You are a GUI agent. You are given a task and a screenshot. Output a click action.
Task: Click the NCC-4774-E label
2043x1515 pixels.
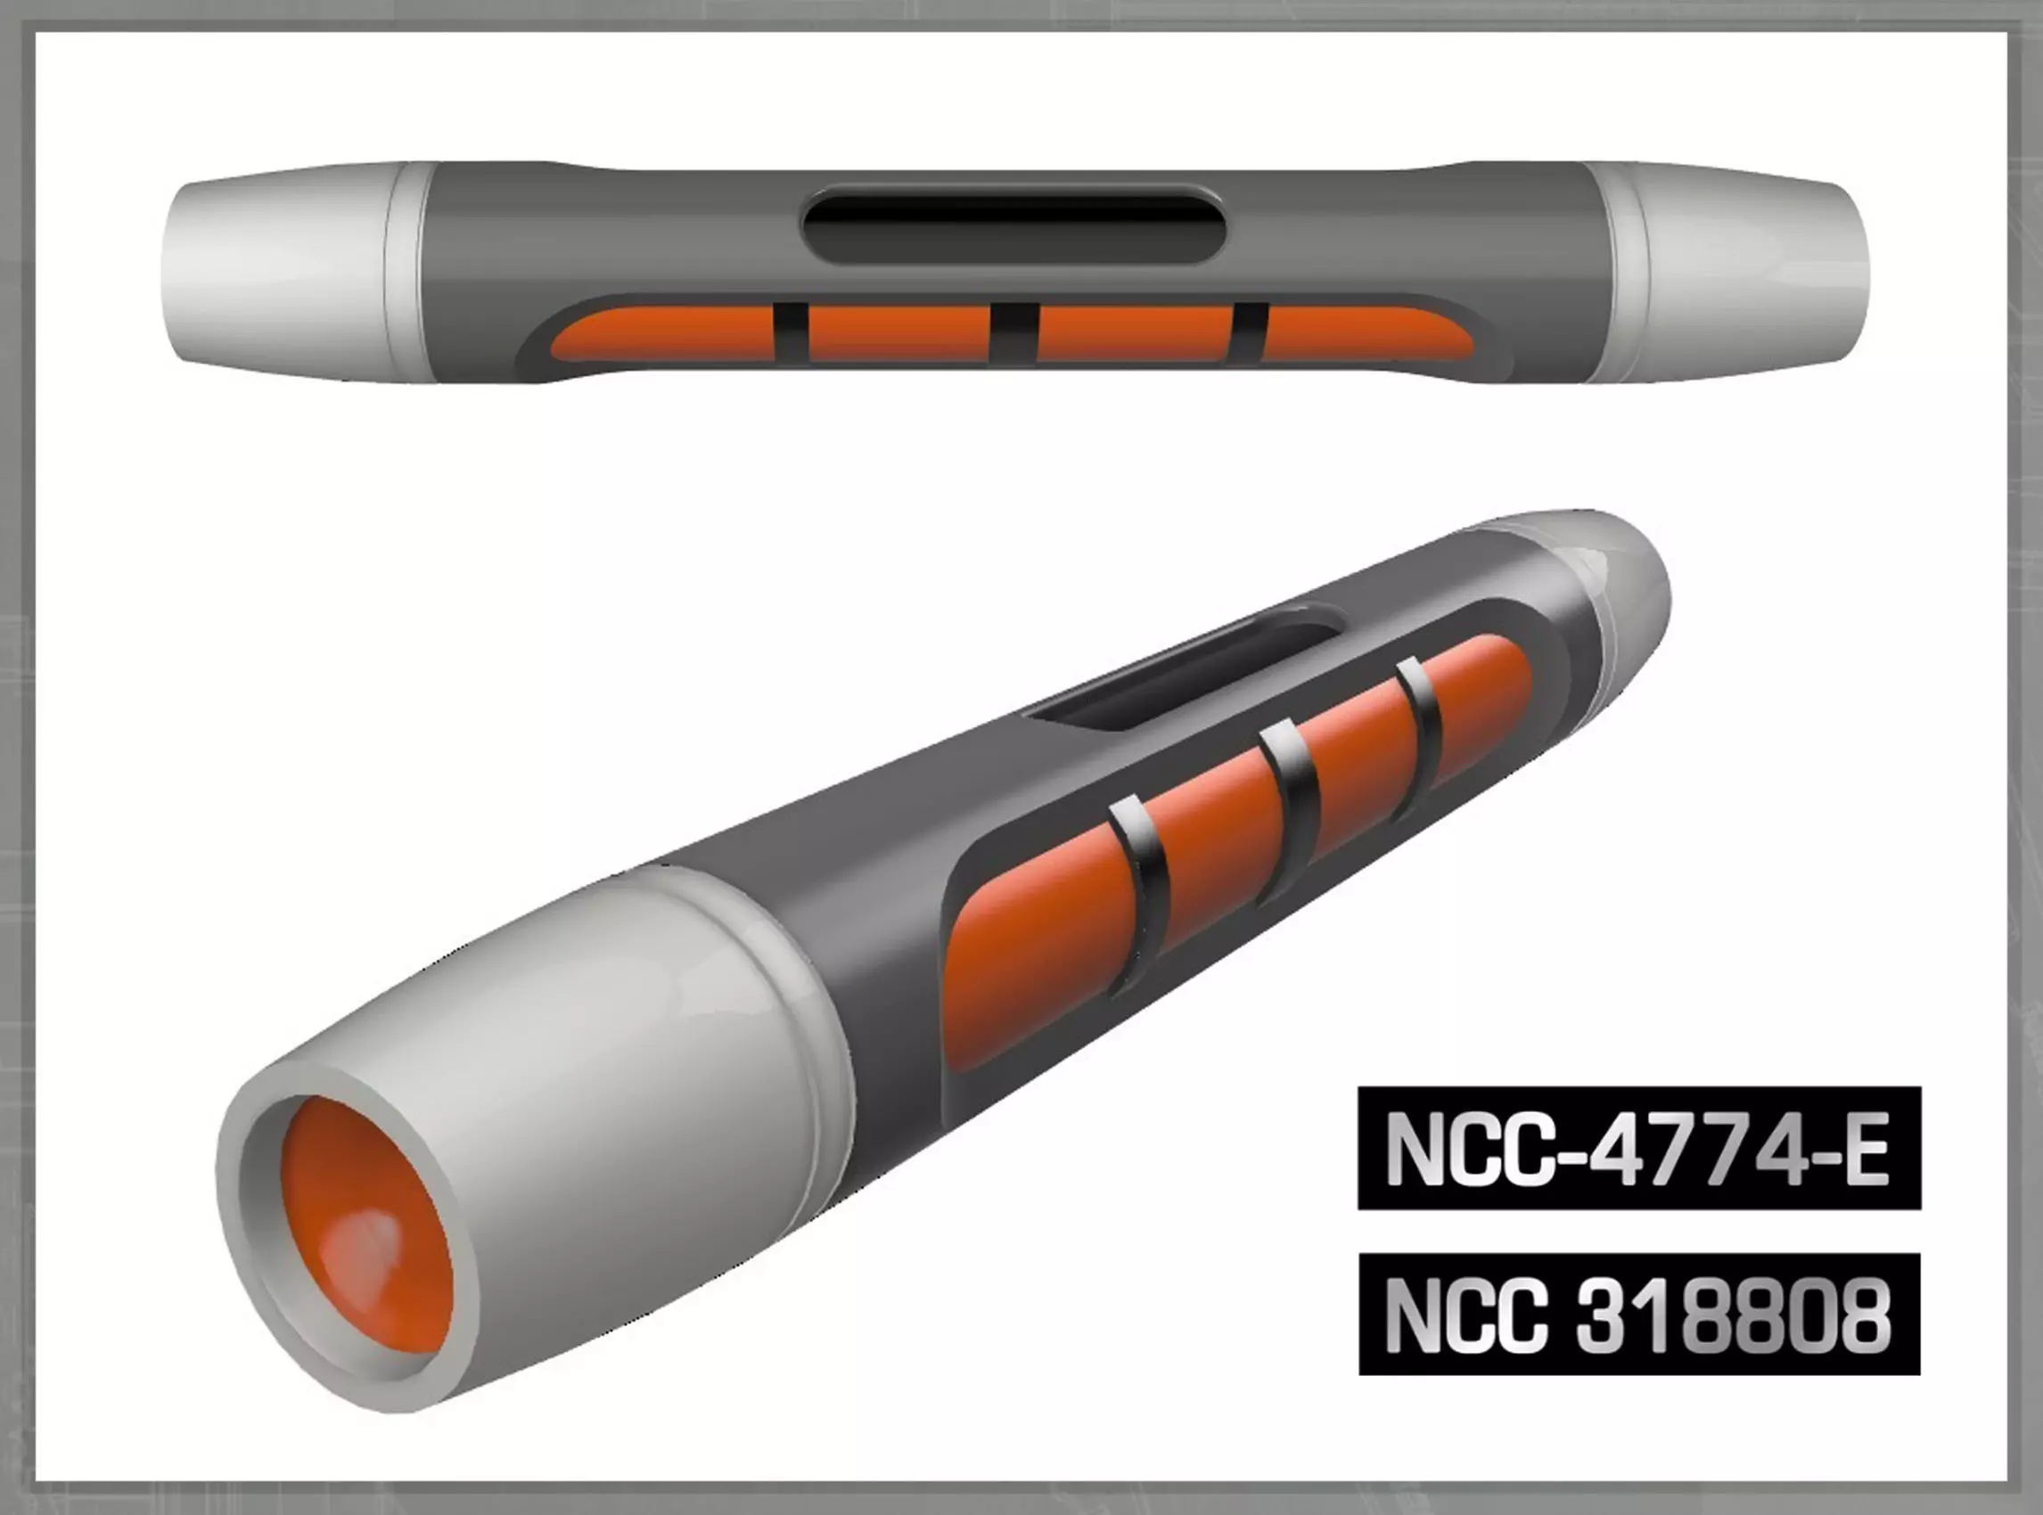point(1638,1148)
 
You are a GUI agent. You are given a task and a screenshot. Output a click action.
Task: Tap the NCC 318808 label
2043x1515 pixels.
point(1638,1314)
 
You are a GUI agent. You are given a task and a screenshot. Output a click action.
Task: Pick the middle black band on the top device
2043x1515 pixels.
point(1013,332)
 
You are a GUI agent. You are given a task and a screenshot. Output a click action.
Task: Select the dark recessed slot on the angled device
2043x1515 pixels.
point(1184,679)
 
